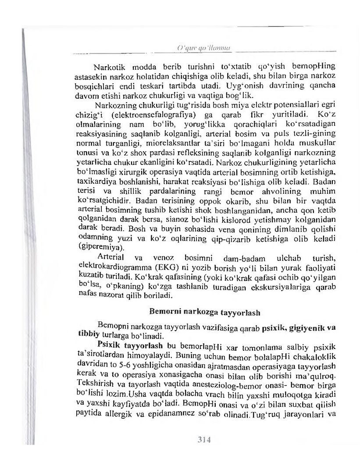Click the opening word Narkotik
pyautogui.click(x=109, y=68)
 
